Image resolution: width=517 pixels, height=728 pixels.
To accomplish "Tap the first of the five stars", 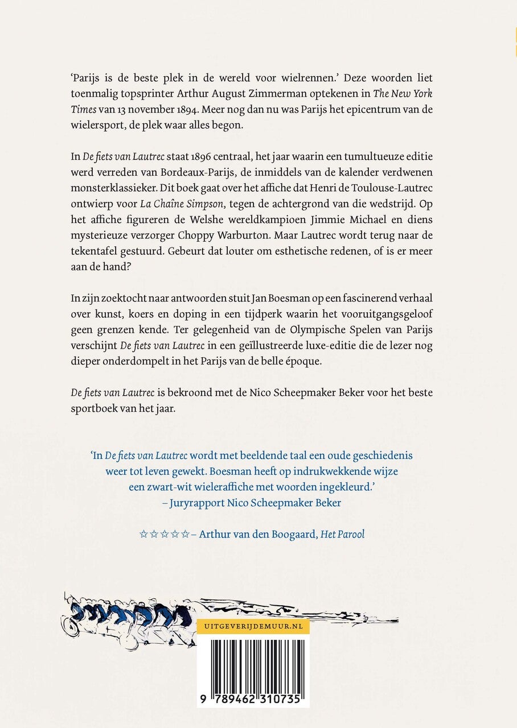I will pos(143,534).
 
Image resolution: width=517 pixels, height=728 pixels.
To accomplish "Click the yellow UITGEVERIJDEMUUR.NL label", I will pos(253,626).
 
